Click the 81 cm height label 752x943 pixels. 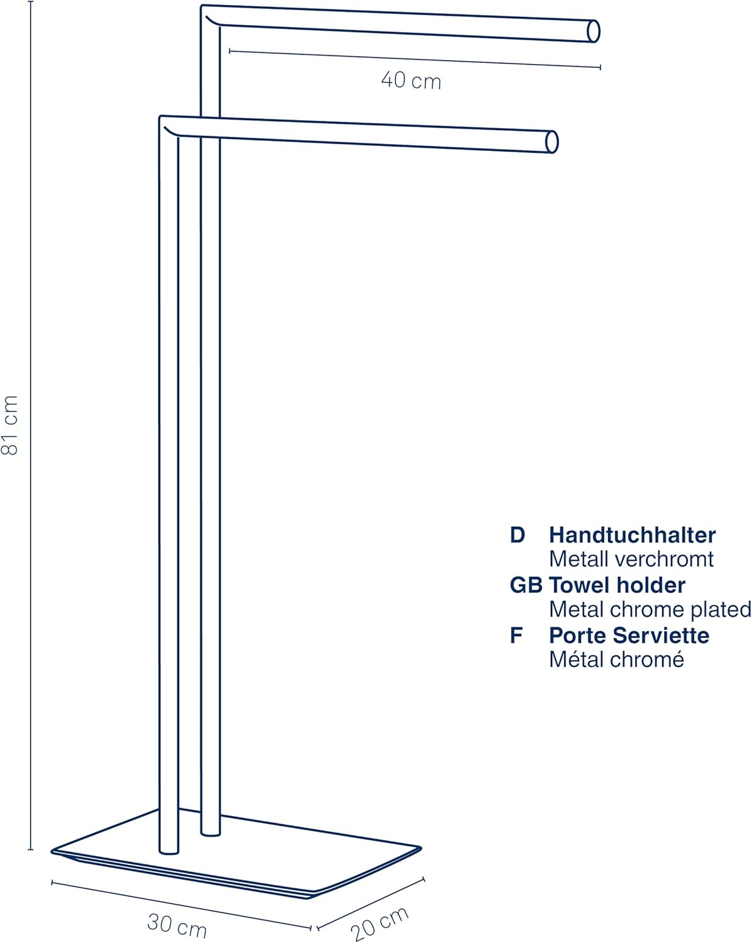pos(9,425)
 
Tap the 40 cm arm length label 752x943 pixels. pos(411,80)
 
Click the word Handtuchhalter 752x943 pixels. pos(632,535)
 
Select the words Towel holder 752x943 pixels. pos(617,585)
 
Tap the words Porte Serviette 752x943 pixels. pos(629,636)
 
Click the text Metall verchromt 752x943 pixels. pos(631,560)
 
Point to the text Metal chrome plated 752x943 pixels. pos(650,610)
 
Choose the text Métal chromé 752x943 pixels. pos(616,659)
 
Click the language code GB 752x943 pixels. pos(526,585)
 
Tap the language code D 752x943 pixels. pos(517,535)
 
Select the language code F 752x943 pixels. pos(516,636)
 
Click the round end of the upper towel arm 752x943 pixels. pos(593,31)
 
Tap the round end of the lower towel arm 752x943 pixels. pos(552,142)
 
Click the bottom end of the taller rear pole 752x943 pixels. pos(210,833)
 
